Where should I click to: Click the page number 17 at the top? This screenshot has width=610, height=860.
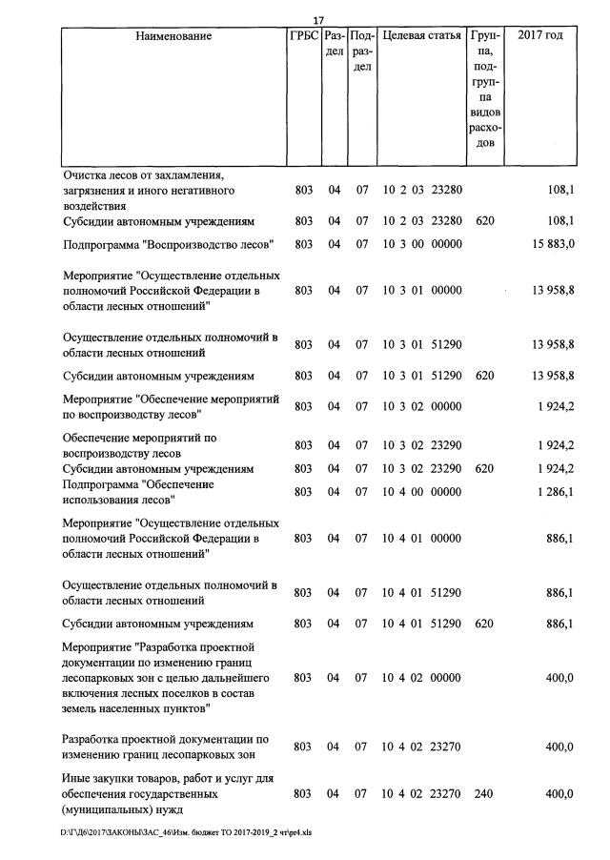point(319,21)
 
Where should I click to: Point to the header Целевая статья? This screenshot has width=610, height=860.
point(421,36)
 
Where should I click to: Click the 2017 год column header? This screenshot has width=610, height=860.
point(539,36)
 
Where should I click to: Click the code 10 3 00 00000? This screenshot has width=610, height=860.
point(421,244)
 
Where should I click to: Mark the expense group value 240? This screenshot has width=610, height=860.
point(484,794)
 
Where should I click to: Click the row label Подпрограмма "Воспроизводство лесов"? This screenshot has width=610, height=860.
point(169,244)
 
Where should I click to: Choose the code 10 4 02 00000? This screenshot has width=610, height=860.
point(421,678)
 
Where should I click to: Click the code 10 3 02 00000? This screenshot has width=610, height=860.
point(421,406)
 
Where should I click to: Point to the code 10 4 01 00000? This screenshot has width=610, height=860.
point(421,538)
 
